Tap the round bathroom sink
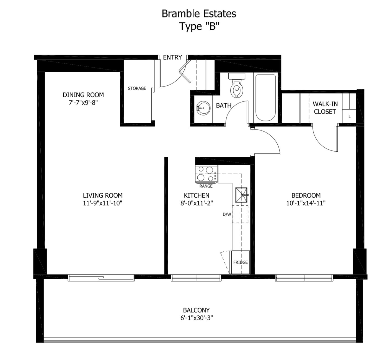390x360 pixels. [x=203, y=108]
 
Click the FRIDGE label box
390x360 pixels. [x=240, y=262]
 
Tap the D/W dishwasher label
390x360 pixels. [x=227, y=214]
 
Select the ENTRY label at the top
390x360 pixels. [x=172, y=57]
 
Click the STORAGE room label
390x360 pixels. [x=137, y=88]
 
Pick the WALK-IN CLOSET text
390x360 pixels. [x=325, y=108]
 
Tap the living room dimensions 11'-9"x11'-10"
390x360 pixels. [x=102, y=203]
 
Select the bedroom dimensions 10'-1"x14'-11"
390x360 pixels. [x=306, y=203]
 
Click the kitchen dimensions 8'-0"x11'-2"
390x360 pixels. [x=197, y=203]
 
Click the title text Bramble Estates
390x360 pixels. [x=199, y=14]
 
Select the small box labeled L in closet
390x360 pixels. [x=349, y=117]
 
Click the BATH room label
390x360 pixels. [x=224, y=105]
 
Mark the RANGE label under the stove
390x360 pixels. [x=206, y=186]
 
